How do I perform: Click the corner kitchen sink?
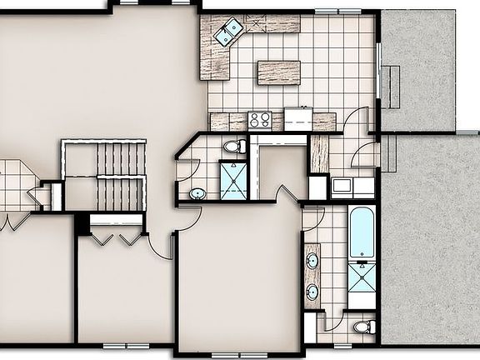pyautogui.click(x=227, y=32)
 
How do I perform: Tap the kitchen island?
pyautogui.click(x=278, y=72)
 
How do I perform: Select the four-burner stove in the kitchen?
pyautogui.click(x=259, y=119)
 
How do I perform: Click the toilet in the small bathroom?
pyautogui.click(x=233, y=147)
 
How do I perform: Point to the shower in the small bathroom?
pyautogui.click(x=233, y=180)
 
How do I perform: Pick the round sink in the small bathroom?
pyautogui.click(x=197, y=194)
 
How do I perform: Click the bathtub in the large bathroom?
pyautogui.click(x=362, y=232)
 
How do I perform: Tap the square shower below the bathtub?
pyautogui.click(x=362, y=284)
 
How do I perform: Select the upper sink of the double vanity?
pyautogui.click(x=312, y=261)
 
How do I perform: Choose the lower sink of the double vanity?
pyautogui.click(x=312, y=292)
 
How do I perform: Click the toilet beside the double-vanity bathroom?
pyautogui.click(x=362, y=326)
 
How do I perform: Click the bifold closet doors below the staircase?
pyautogui.click(x=115, y=237)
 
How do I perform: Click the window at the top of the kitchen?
pyautogui.click(x=338, y=10)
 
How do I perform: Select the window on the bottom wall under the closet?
pyautogui.click(x=126, y=345)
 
